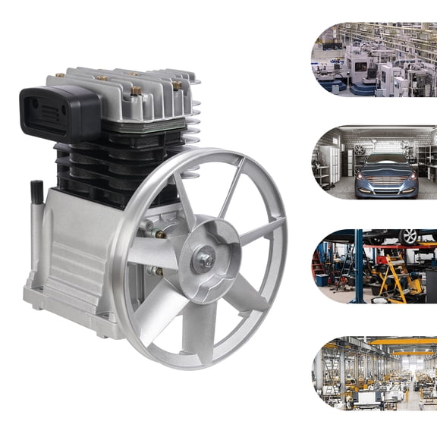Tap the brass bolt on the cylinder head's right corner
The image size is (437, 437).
(x=177, y=85)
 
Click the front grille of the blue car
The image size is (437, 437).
(x=385, y=182)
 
